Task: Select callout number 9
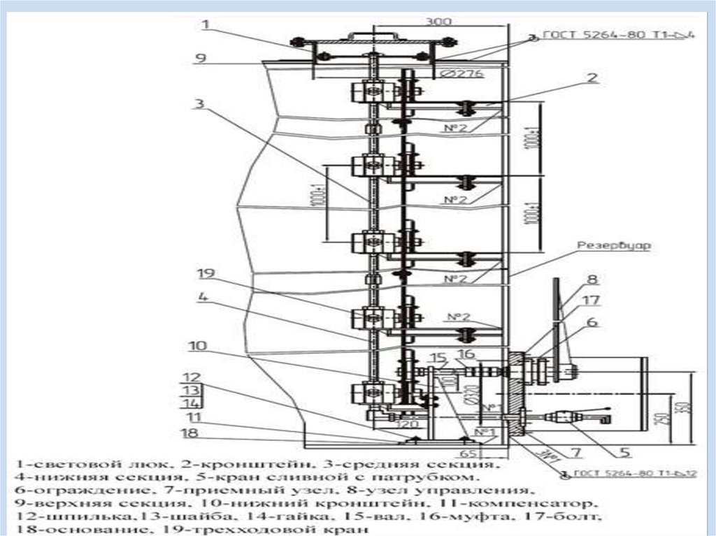click(x=201, y=59)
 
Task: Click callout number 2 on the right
click(x=592, y=78)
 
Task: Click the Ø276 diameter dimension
click(x=466, y=74)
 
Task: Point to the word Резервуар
click(x=613, y=246)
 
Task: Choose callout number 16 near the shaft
click(x=466, y=354)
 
